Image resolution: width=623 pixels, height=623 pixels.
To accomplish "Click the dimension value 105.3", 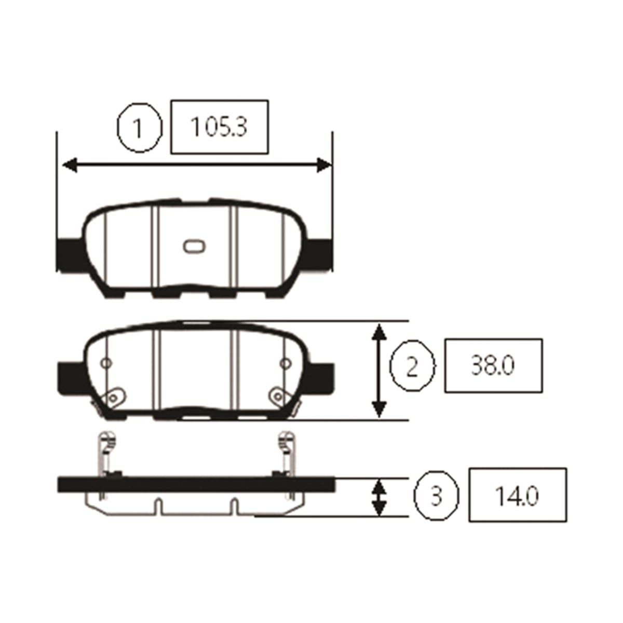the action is click(219, 127).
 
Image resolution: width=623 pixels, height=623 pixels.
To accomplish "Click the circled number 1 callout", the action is click(139, 127).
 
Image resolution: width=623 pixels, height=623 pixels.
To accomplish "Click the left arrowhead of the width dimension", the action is click(70, 165).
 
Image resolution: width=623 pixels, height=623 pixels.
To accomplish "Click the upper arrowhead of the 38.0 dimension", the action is click(379, 333).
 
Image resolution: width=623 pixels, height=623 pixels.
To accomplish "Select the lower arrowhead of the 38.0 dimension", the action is click(379, 409).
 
